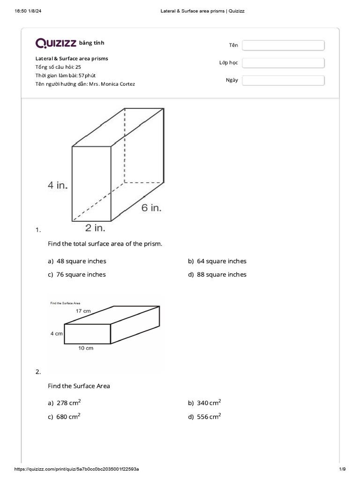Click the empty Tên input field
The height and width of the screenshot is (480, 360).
pos(283,45)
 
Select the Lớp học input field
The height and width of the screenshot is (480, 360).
pos(283,63)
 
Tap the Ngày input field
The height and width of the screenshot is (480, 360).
pos(283,80)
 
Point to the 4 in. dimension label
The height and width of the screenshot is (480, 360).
pos(58,185)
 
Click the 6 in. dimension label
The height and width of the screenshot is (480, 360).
pos(151,208)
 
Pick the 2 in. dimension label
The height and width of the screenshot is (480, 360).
pos(95,228)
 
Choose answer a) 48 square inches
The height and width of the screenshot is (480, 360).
pos(77,261)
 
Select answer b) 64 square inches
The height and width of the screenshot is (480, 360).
pos(217,261)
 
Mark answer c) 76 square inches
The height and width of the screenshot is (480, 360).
pos(77,275)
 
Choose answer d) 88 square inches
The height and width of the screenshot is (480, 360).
pos(217,275)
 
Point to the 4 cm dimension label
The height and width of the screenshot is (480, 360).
pos(56,334)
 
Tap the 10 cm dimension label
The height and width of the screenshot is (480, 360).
pos(86,348)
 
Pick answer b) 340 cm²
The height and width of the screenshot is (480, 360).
pos(205,403)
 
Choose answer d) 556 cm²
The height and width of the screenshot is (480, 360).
pos(205,417)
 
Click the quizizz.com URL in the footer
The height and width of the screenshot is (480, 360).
pos(77,469)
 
